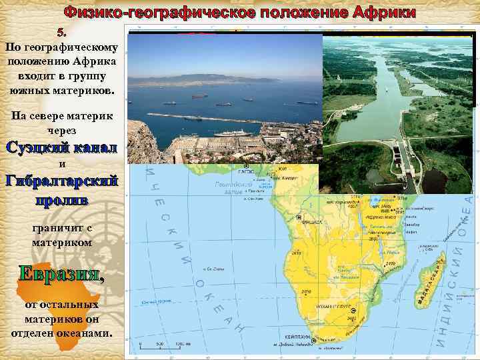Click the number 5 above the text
point(62,32)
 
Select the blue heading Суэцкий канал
point(61,147)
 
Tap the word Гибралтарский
point(61,181)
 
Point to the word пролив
point(61,199)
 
